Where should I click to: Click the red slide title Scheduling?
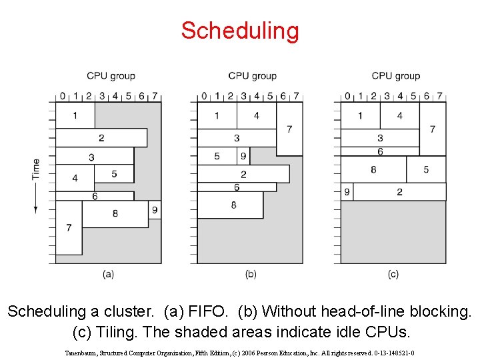(x=240, y=31)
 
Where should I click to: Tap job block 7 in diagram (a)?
(x=69, y=228)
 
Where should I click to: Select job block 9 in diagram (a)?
(x=154, y=210)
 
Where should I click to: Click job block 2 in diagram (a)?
(x=101, y=138)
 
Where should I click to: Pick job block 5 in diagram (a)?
(x=114, y=174)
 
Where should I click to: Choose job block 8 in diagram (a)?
(x=115, y=213)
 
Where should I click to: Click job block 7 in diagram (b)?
(x=289, y=129)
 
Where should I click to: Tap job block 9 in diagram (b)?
(x=243, y=156)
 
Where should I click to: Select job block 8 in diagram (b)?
(x=233, y=205)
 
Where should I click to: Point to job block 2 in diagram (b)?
(x=243, y=174)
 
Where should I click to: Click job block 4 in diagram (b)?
(x=257, y=116)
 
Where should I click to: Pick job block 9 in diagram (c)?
(x=347, y=192)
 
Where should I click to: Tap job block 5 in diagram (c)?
(x=426, y=169)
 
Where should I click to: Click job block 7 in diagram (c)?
(x=433, y=129)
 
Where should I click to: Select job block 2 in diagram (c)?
(x=399, y=192)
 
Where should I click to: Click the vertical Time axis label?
(x=35, y=169)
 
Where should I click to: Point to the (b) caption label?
(x=251, y=273)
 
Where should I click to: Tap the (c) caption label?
(x=393, y=273)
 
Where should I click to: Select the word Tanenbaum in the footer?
(x=82, y=346)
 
